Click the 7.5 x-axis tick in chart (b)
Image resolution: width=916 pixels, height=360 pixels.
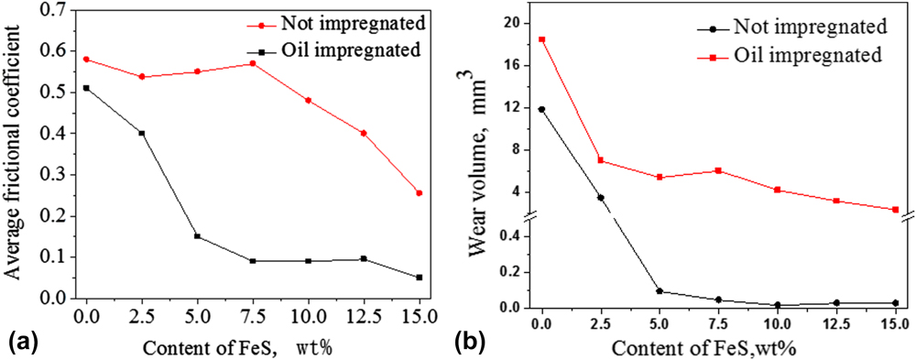[718, 324]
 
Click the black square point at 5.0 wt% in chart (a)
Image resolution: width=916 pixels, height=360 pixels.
[198, 236]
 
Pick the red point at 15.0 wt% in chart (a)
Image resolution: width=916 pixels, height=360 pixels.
[419, 193]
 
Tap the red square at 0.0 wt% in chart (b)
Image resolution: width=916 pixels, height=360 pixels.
[542, 39]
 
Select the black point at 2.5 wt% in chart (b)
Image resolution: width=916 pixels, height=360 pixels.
[600, 198]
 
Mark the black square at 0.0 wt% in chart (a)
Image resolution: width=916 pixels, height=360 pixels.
[86, 88]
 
